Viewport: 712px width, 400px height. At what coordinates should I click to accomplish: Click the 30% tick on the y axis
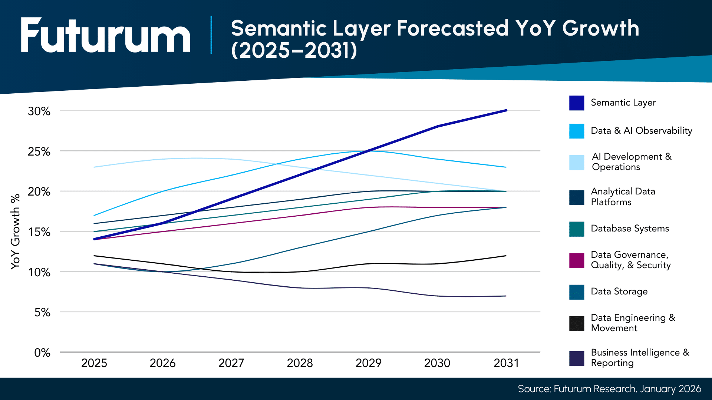tap(39, 111)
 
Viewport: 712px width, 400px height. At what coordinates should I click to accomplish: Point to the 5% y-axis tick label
tap(42, 313)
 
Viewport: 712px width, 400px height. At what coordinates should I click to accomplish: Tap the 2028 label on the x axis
tap(300, 363)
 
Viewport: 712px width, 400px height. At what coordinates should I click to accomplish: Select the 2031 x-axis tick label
tap(506, 363)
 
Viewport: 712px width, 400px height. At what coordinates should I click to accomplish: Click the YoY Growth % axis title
tap(15, 232)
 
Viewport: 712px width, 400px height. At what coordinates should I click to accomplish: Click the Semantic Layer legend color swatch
tap(577, 103)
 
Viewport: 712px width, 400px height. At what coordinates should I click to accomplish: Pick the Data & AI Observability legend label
tap(641, 131)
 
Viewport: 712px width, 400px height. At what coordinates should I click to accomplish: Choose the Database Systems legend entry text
tap(630, 229)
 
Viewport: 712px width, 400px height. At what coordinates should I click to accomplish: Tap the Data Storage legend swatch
tap(577, 292)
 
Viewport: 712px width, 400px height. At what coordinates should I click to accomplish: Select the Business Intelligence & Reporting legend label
tap(640, 357)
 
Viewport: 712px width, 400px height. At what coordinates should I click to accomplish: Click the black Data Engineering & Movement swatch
tap(577, 323)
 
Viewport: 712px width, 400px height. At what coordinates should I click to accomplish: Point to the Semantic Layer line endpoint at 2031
tap(506, 110)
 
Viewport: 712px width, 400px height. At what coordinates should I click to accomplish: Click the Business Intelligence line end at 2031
tap(506, 296)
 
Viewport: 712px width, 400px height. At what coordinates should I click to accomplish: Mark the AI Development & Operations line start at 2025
tap(94, 167)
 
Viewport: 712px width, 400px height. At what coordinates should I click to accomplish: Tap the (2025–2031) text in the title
tap(294, 50)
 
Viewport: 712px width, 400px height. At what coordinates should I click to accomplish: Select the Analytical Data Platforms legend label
tap(623, 197)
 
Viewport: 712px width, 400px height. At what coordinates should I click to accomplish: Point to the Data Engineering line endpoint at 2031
tap(506, 256)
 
